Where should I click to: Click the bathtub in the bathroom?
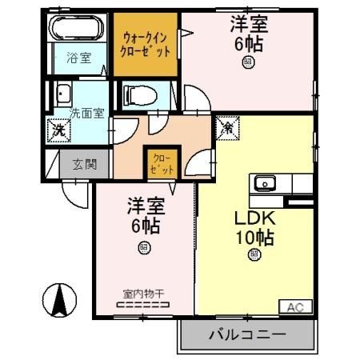(78, 29)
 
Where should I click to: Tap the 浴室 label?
(78, 58)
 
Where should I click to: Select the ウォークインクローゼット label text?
(144, 43)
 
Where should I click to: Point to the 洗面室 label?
(86, 113)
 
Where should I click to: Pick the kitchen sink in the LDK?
(266, 184)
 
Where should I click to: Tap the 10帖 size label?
(254, 238)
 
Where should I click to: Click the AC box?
(294, 307)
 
